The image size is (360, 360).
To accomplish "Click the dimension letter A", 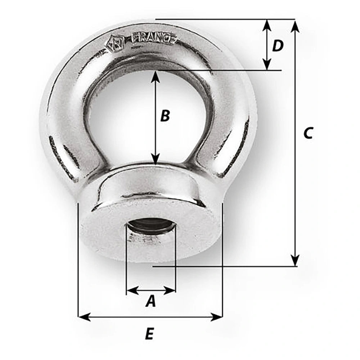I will pos(151,301).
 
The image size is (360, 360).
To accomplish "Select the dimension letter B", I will pos(165,116).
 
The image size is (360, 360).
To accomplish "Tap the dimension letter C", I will pos(308,133).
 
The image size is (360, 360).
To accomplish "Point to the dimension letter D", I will pos(278,46).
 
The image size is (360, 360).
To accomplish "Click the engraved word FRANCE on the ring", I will pos(154,38).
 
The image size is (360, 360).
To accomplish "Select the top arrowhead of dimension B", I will pos(155,76).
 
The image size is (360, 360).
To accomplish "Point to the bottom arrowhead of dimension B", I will pos(155,159).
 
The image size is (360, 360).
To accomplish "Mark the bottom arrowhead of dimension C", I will pos(295,260).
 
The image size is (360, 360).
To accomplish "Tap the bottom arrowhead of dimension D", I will pos(266,64).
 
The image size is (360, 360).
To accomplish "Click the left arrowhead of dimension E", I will pos(84,317).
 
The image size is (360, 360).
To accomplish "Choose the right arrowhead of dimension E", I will pos(217,317).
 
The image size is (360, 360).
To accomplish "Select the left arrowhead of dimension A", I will pos(132,290).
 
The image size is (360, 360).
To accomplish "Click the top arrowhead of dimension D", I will pos(266,24).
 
